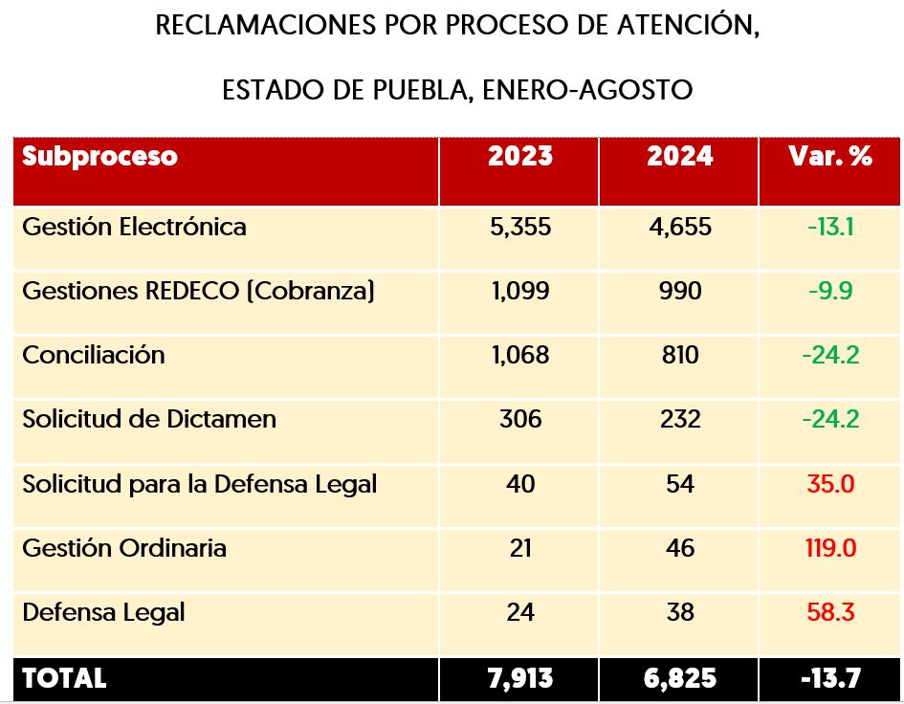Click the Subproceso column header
99,157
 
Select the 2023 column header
519,157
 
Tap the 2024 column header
679,157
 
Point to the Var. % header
830,157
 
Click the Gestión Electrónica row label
134,228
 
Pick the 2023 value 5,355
519,228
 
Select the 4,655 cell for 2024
679,228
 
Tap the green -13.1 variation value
830,228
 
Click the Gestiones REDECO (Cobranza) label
198,291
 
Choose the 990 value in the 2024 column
679,291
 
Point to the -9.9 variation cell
830,291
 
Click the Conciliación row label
94,355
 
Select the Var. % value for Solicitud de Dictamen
830,419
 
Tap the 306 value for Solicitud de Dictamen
519,419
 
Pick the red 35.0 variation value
830,484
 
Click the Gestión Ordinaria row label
124,548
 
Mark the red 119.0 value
830,548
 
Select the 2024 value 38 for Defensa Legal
679,612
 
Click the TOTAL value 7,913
519,678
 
